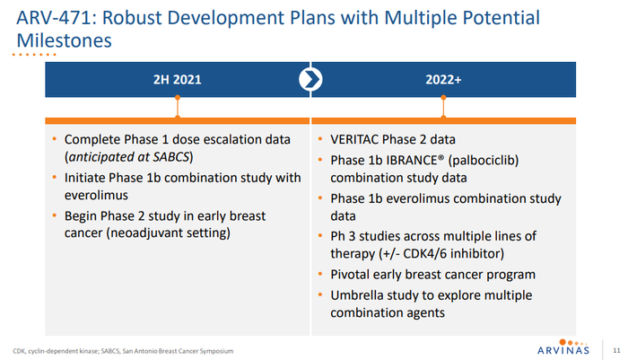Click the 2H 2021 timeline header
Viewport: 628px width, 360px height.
tap(177, 79)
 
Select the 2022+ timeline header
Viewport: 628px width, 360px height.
tap(443, 79)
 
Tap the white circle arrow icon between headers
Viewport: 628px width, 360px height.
tap(310, 79)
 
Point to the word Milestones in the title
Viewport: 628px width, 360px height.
tap(65, 41)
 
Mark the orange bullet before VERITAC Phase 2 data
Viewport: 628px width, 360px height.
tap(323, 140)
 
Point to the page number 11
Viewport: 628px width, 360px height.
tap(615, 349)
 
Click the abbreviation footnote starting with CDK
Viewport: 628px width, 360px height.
tap(122, 350)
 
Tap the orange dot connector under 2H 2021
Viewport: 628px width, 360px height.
tap(177, 114)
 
